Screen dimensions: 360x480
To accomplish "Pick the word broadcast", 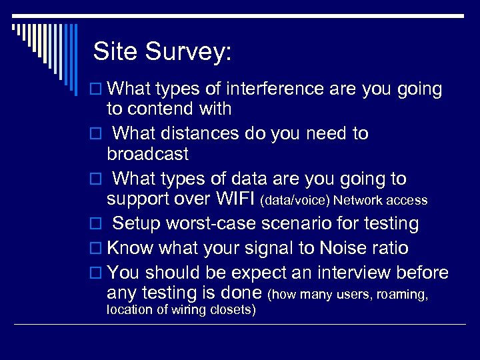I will (147, 154).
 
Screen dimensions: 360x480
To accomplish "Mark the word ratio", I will (393, 248).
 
